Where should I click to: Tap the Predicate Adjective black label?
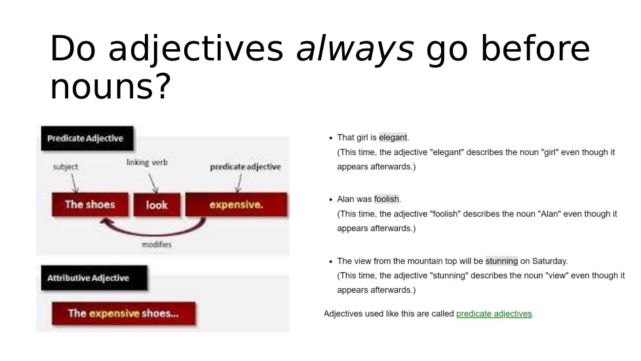[87, 138]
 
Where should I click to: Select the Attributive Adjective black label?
[94, 278]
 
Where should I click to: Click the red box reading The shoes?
[90, 204]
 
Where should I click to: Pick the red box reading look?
[157, 205]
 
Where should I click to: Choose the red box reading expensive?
[237, 204]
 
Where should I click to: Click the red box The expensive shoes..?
[123, 314]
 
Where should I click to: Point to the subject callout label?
[66, 167]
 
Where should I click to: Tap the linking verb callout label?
[147, 163]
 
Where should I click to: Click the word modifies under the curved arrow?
[157, 244]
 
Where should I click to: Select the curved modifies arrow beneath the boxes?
[155, 232]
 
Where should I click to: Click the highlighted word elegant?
[393, 138]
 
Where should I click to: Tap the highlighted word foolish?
[386, 200]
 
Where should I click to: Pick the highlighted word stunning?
[501, 261]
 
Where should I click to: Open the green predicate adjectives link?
[494, 314]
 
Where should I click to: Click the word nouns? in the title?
[110, 87]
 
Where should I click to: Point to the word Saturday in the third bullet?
[549, 261]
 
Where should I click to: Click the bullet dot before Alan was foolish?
[331, 200]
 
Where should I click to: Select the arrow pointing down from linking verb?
[153, 183]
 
